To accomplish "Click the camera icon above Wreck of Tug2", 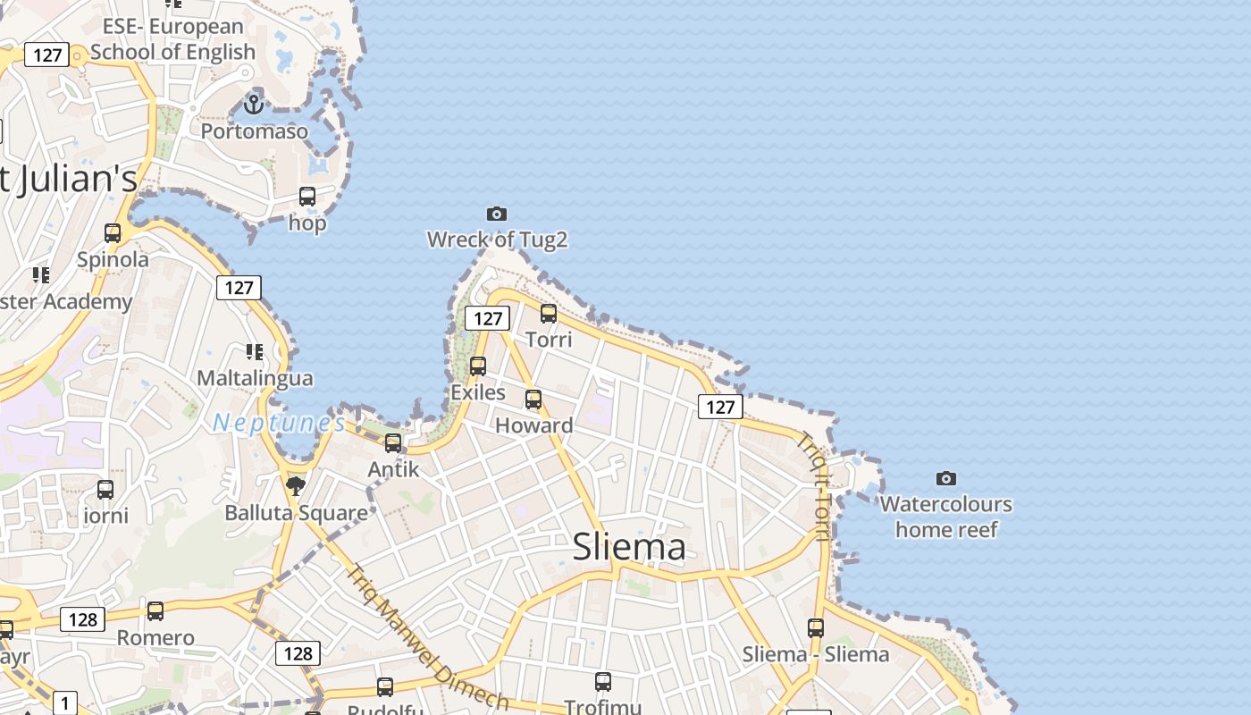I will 497,214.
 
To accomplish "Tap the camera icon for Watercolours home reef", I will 945,479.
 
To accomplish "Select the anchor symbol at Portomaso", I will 255,105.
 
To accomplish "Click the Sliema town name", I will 629,546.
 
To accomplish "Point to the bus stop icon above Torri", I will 549,313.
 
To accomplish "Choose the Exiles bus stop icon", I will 478,366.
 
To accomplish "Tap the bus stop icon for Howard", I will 533,399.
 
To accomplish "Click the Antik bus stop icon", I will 393,442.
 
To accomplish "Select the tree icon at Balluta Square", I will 296,486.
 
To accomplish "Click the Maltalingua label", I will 255,378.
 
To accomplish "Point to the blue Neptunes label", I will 279,423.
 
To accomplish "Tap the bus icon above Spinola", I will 113,232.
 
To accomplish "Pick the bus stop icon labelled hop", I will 307,196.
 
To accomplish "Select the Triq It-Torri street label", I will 814,486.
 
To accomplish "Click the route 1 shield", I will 64,702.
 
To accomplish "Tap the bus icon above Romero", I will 155,611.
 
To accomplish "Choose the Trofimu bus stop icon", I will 603,682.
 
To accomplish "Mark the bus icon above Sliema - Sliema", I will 816,627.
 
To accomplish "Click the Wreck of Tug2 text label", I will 497,240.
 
